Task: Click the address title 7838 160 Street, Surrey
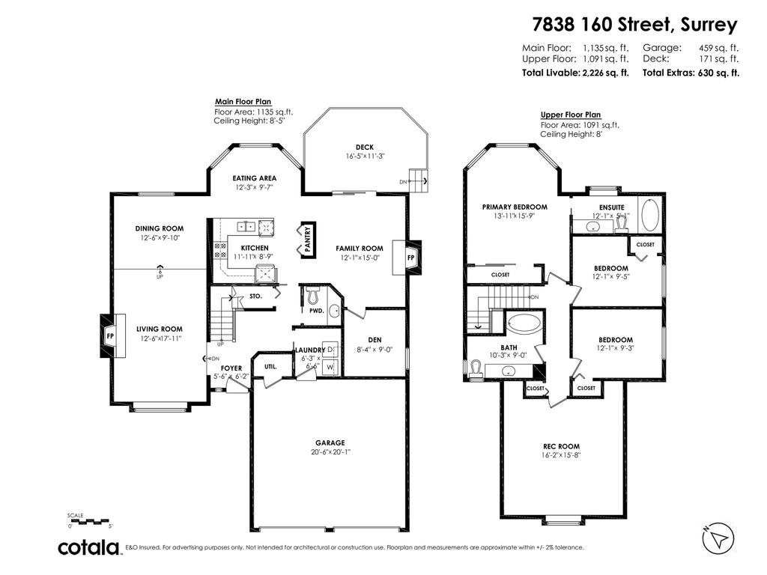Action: click(635, 25)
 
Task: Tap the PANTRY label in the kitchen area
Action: click(307, 240)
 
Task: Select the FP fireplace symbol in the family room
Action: click(411, 257)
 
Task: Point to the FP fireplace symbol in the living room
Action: click(109, 335)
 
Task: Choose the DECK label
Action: click(365, 147)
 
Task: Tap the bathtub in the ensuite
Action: click(649, 216)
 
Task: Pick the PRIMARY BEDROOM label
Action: click(515, 207)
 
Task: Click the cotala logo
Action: click(90, 547)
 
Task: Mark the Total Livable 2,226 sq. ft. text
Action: click(575, 73)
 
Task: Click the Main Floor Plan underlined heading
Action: click(243, 102)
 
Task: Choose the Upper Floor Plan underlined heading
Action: click(571, 115)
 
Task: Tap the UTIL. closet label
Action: click(270, 366)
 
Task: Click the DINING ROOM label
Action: click(159, 228)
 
